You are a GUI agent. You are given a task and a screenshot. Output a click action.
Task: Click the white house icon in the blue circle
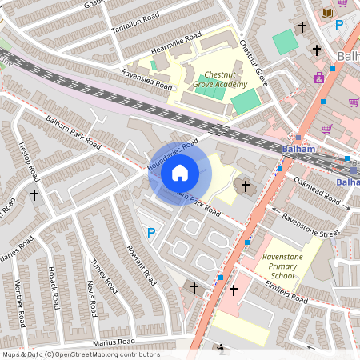click(x=179, y=172)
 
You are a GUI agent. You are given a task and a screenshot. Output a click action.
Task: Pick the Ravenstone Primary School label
click(x=288, y=265)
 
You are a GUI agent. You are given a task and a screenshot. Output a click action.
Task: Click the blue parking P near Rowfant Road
click(x=150, y=233)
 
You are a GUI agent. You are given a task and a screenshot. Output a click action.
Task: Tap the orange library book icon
click(x=326, y=13)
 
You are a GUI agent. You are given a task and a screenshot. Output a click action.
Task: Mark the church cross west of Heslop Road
click(x=34, y=194)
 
